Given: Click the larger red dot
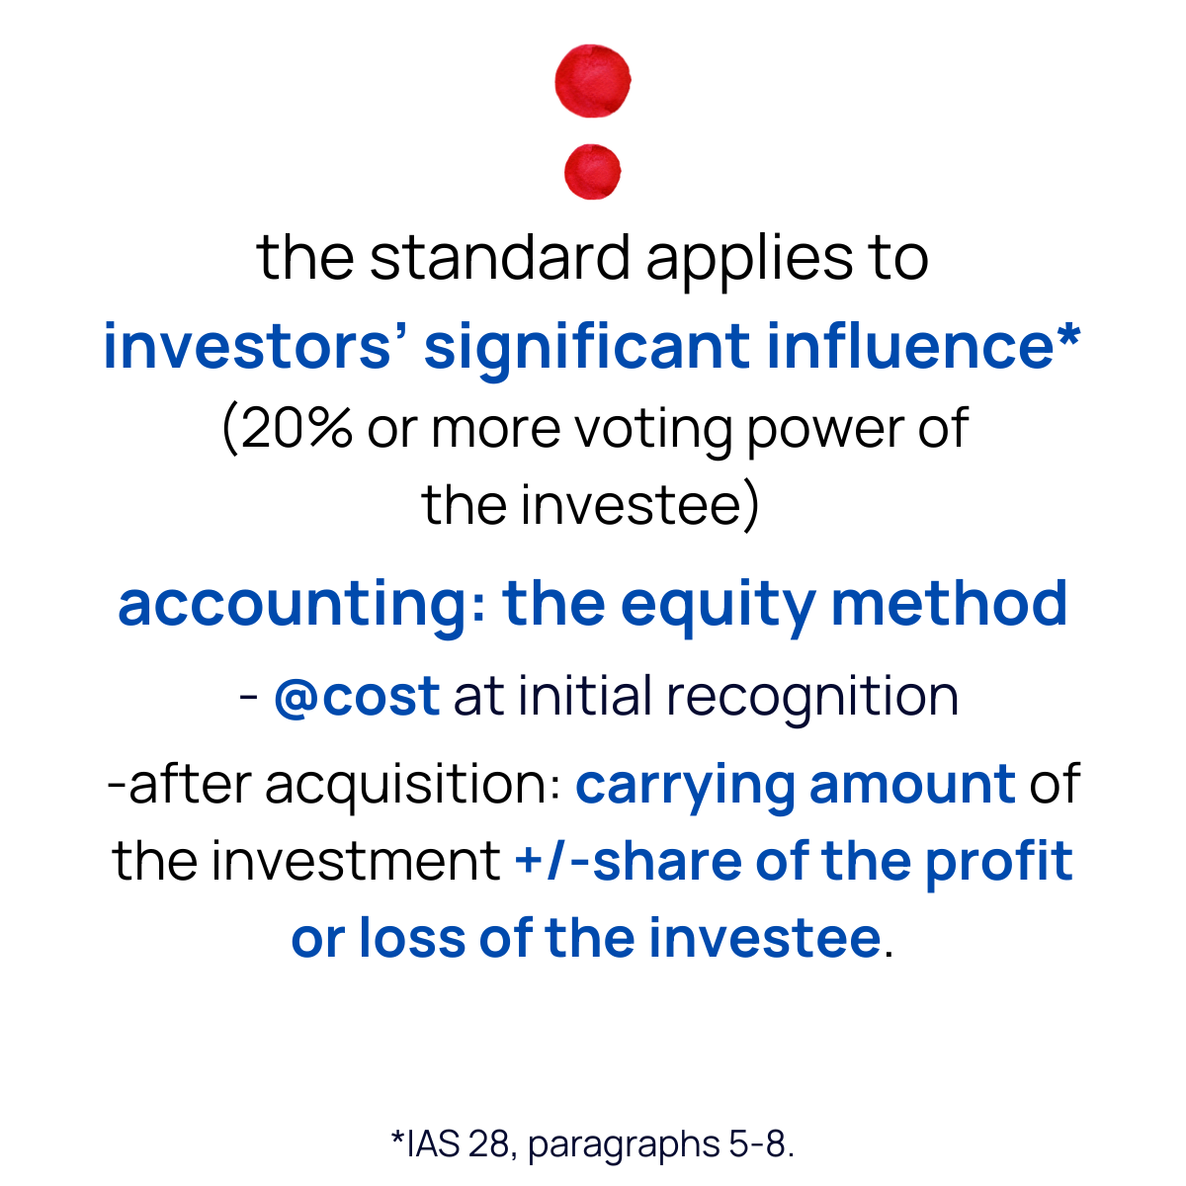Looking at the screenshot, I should pyautogui.click(x=593, y=80).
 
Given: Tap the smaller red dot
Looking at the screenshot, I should pyautogui.click(x=592, y=171).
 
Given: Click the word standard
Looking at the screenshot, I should pyautogui.click(x=499, y=259).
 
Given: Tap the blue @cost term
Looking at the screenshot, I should pyautogui.click(x=357, y=697).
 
